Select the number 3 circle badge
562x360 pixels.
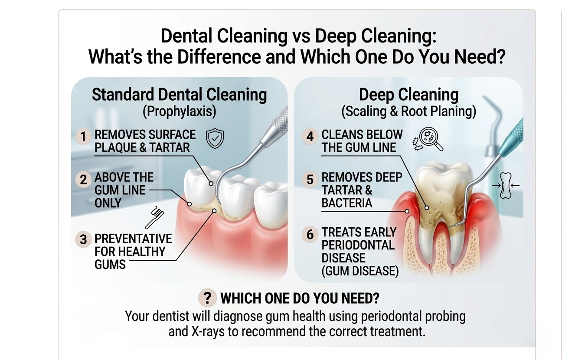(83, 239)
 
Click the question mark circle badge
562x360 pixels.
(208, 298)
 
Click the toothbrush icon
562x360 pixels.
(154, 217)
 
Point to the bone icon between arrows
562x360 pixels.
(505, 185)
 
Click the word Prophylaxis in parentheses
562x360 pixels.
(179, 111)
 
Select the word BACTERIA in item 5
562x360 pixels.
(346, 203)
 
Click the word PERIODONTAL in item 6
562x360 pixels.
(358, 245)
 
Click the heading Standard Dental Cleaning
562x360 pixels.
(179, 95)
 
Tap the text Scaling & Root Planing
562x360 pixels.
(408, 111)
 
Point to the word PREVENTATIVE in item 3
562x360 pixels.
(133, 239)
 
